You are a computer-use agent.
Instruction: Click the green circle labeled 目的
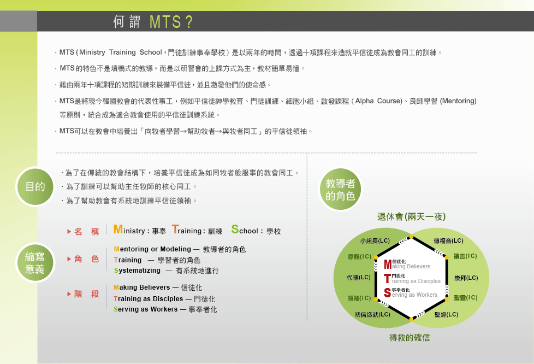point(35,187)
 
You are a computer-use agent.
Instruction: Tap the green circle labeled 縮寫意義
point(35,263)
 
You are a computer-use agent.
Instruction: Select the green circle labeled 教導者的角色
point(340,190)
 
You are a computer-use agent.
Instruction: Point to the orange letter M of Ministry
point(118,230)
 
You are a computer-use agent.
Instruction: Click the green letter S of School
point(235,230)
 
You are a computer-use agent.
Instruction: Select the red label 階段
point(83,294)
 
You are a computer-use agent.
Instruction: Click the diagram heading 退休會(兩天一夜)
point(411,217)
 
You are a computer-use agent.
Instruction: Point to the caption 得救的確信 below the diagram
point(410,338)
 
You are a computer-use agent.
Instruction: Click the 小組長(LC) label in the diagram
point(375,241)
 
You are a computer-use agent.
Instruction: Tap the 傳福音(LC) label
point(448,241)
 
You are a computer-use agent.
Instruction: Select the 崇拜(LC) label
point(466,278)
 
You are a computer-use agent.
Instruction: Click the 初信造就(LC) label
point(372,315)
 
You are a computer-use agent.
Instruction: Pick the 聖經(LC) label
point(447,315)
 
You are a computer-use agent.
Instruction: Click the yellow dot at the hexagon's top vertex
point(411,237)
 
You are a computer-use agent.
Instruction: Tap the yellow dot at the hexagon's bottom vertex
point(411,319)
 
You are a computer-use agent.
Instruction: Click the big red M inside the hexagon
point(388,265)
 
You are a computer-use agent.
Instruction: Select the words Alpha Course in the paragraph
point(379,101)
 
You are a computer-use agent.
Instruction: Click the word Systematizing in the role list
point(137,271)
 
